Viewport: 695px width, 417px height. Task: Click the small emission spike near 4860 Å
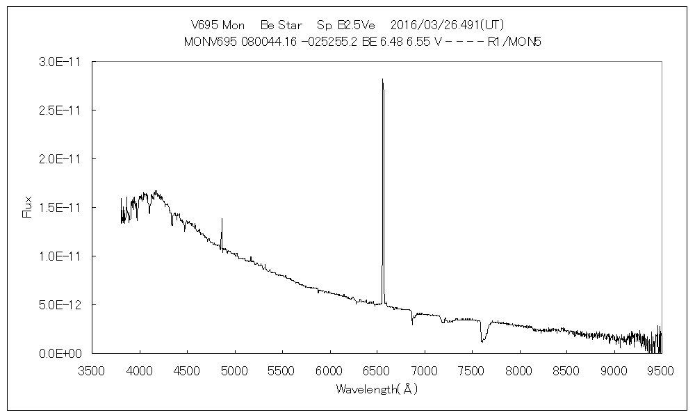pos(222,220)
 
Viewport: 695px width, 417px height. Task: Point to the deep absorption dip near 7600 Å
pos(482,341)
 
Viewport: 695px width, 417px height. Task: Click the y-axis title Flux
pos(28,207)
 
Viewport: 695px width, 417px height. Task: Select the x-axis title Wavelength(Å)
pos(377,389)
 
